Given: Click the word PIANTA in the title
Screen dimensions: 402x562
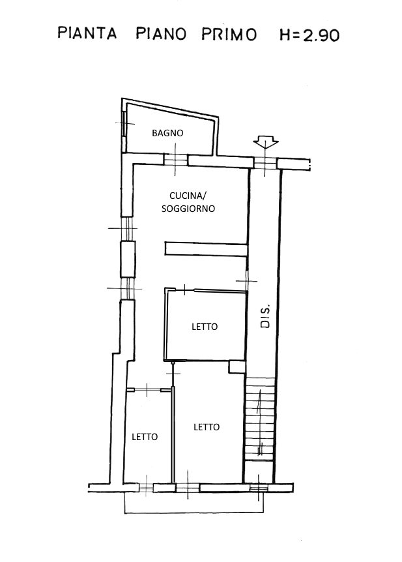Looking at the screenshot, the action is click(87, 33).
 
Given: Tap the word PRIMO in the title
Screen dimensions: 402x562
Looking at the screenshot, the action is click(229, 35).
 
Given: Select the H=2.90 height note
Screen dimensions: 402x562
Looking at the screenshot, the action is click(309, 35).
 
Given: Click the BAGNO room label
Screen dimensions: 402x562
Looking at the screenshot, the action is click(167, 133).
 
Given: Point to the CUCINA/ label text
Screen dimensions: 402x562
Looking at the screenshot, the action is click(188, 196).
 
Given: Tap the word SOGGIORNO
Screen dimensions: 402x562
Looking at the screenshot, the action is click(188, 209).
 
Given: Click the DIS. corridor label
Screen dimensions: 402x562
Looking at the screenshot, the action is click(265, 316).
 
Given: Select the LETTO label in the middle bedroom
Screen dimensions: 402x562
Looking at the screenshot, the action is click(205, 327).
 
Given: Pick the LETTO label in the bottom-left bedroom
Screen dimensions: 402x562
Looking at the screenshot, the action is click(145, 437).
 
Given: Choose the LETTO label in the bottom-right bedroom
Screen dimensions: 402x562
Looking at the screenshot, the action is click(207, 427).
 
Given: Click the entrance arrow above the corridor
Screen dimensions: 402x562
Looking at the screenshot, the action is click(265, 141).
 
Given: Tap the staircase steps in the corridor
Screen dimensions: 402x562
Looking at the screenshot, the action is click(260, 419).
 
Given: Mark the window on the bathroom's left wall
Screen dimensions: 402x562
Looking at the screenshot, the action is click(124, 123).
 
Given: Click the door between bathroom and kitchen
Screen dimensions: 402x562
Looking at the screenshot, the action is click(175, 160).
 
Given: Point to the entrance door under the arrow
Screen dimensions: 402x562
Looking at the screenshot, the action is click(265, 164).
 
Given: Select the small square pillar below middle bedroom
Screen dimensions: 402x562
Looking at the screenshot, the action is click(237, 367).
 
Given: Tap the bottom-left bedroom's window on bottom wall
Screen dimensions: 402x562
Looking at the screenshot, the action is click(146, 488).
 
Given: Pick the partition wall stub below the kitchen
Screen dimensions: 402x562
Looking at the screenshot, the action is click(207, 249).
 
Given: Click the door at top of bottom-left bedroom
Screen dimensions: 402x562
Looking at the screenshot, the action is click(147, 390).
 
